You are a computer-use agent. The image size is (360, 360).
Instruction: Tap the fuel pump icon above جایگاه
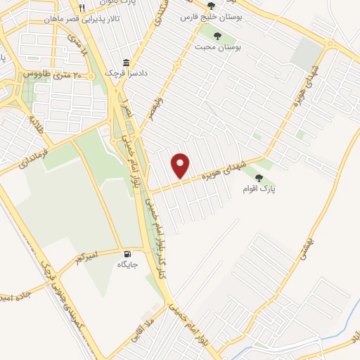[x=127, y=254]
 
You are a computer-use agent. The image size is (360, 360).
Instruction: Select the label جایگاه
[x=127, y=265]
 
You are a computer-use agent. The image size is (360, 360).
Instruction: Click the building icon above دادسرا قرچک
[x=126, y=62]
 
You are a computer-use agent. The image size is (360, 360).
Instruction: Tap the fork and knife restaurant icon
[x=82, y=8]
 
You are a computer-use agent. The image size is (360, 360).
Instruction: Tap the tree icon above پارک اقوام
[x=259, y=178]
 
